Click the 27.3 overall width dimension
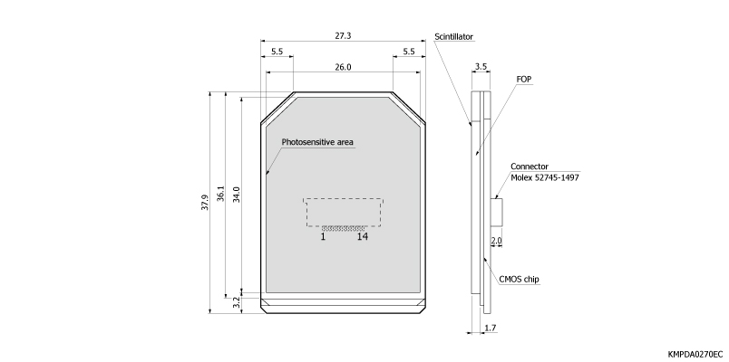pyautogui.click(x=342, y=35)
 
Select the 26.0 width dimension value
pyautogui.click(x=342, y=67)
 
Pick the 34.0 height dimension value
pyautogui.click(x=238, y=195)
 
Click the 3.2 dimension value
pyautogui.click(x=238, y=302)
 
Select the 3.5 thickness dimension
pyautogui.click(x=481, y=67)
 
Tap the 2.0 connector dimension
pyautogui.click(x=495, y=241)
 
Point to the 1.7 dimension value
pyautogui.click(x=490, y=328)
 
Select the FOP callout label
pyautogui.click(x=523, y=80)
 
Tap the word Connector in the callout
pyautogui.click(x=530, y=167)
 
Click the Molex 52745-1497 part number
pyautogui.click(x=545, y=177)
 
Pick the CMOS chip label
pyautogui.click(x=520, y=280)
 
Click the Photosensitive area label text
pyautogui.click(x=317, y=142)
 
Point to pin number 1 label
pyautogui.click(x=323, y=237)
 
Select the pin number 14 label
pyautogui.click(x=363, y=237)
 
